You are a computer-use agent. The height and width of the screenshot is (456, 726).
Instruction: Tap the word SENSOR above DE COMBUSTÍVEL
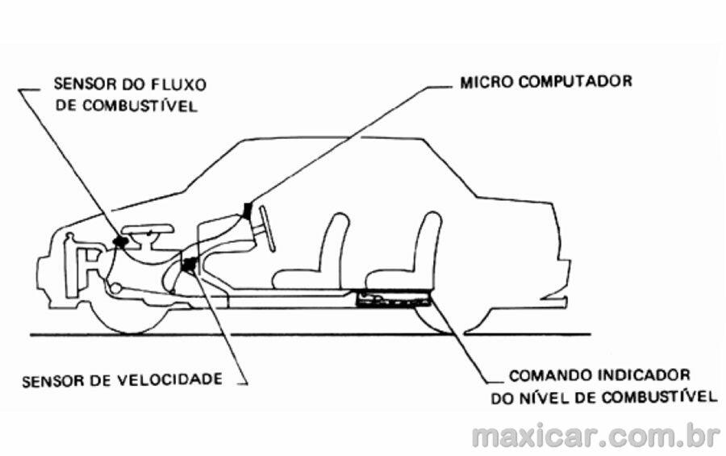tap(81, 85)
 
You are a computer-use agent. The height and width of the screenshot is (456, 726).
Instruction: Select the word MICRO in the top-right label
tap(486, 82)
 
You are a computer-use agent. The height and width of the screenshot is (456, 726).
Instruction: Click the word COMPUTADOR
tap(575, 82)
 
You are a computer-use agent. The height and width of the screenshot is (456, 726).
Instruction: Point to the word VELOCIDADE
tap(169, 379)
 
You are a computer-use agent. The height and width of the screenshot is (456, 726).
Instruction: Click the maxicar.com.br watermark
tap(596, 436)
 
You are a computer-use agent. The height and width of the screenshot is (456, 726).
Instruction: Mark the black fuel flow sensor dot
tap(121, 241)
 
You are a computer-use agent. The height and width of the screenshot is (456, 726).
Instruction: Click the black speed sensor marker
tap(189, 265)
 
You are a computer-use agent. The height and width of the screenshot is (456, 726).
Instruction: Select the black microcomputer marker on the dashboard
tap(248, 210)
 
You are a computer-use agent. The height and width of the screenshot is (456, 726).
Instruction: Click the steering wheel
tap(268, 229)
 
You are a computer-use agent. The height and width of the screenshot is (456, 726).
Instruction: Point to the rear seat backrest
tap(428, 245)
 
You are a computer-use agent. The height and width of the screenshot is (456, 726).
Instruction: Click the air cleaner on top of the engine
tap(148, 230)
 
